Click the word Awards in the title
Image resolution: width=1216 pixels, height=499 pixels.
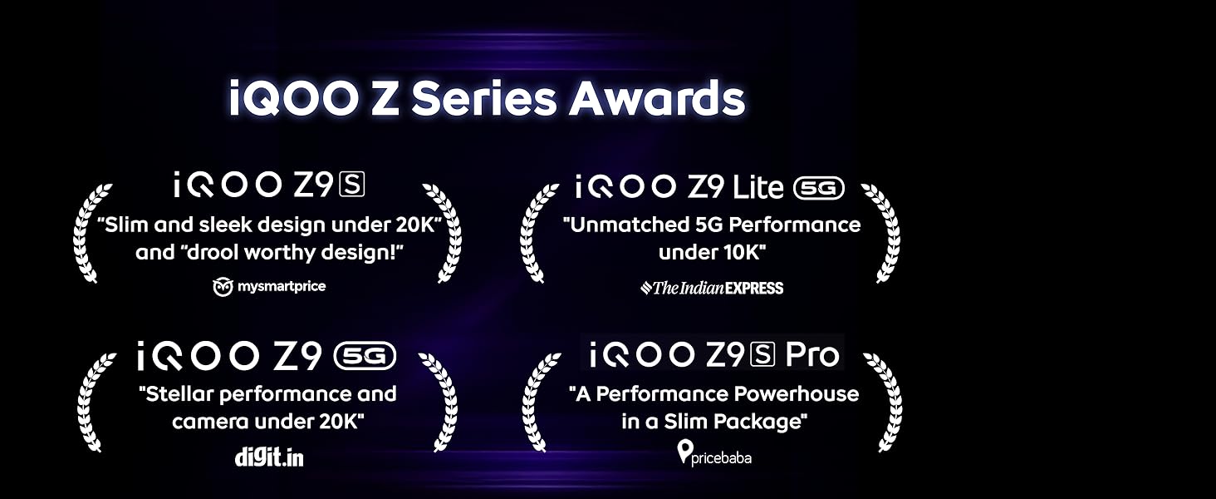tap(656, 98)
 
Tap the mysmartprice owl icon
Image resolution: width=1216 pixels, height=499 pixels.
tap(223, 287)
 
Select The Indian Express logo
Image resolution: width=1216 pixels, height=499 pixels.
tap(712, 288)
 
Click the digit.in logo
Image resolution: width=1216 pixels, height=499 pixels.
tap(269, 457)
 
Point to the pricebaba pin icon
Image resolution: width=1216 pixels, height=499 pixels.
tap(685, 452)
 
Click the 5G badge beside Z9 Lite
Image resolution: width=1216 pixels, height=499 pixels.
tap(819, 188)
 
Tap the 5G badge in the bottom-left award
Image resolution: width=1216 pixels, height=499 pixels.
tap(365, 356)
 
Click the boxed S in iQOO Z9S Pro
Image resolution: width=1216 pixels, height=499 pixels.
tap(762, 354)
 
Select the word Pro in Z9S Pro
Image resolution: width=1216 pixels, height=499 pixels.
tap(812, 354)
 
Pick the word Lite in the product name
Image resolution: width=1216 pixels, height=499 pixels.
tap(758, 187)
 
